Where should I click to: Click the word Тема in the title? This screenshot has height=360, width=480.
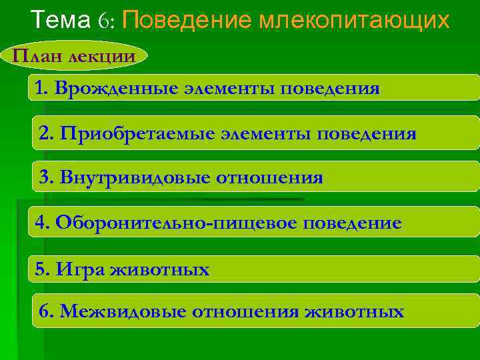point(61,21)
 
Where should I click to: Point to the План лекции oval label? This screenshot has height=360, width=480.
point(73,55)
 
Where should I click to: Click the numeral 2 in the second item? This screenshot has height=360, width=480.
point(45,133)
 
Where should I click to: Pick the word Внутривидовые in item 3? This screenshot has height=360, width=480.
point(131,177)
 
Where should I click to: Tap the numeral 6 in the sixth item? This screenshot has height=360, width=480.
point(45,311)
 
